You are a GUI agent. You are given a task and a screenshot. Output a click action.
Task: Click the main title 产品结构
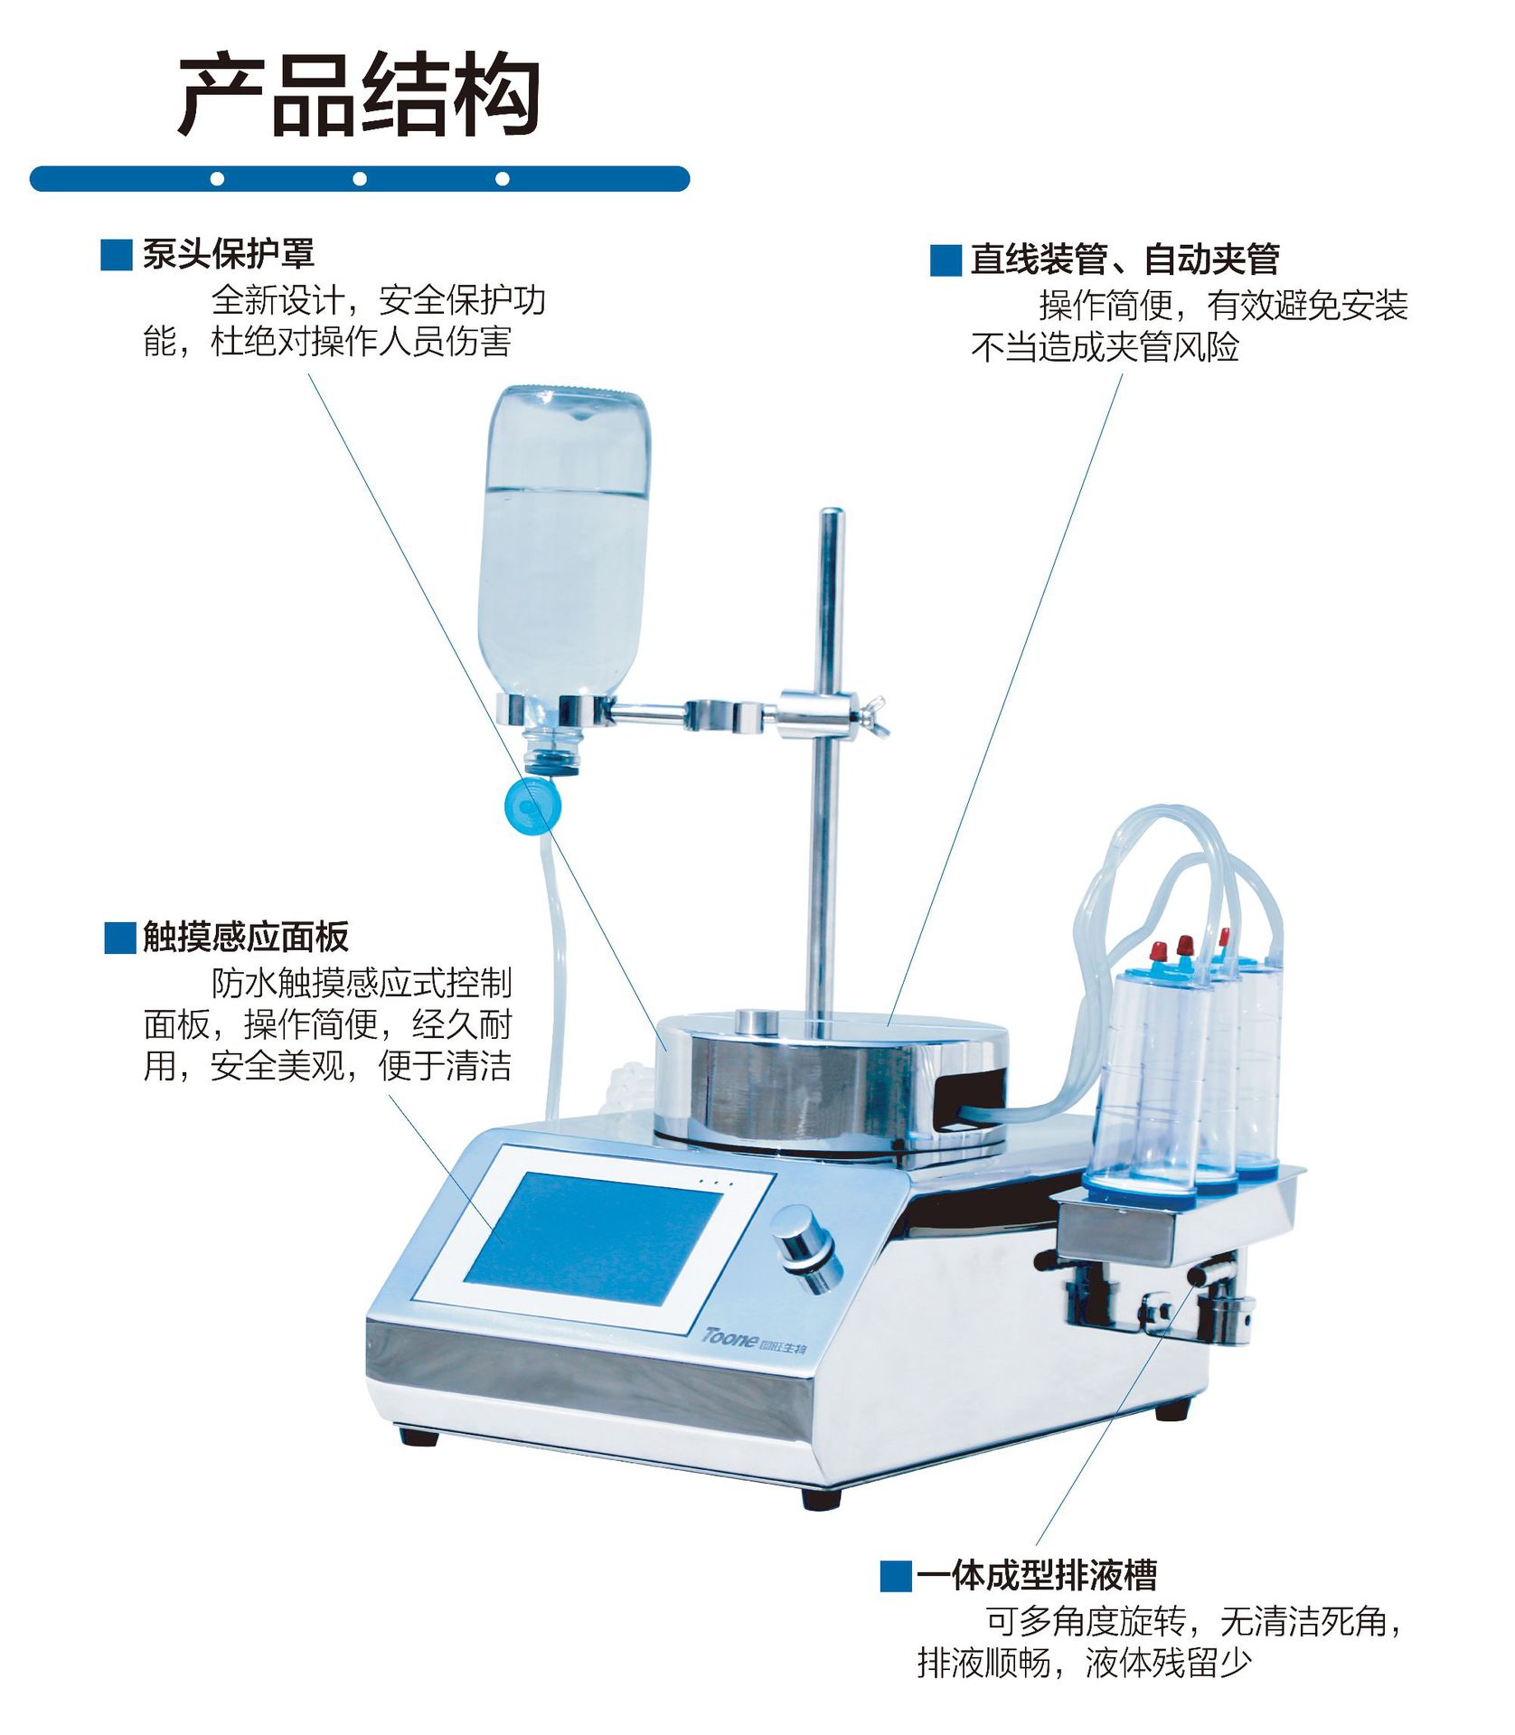click(359, 96)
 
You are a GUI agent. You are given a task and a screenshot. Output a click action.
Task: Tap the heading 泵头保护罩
click(228, 254)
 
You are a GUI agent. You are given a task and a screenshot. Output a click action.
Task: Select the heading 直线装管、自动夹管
click(1124, 259)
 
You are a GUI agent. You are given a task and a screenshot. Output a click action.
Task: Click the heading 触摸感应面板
click(245, 937)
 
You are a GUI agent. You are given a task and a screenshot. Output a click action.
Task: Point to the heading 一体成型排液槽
click(1036, 1575)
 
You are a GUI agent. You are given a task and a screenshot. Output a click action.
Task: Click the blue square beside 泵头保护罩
click(117, 255)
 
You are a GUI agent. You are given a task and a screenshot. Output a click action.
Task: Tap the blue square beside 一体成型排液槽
click(895, 1576)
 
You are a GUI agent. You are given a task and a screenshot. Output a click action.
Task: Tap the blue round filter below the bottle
click(532, 806)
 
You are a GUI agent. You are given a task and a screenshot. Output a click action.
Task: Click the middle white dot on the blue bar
click(360, 179)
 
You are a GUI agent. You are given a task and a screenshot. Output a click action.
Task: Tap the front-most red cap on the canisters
click(1158, 950)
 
